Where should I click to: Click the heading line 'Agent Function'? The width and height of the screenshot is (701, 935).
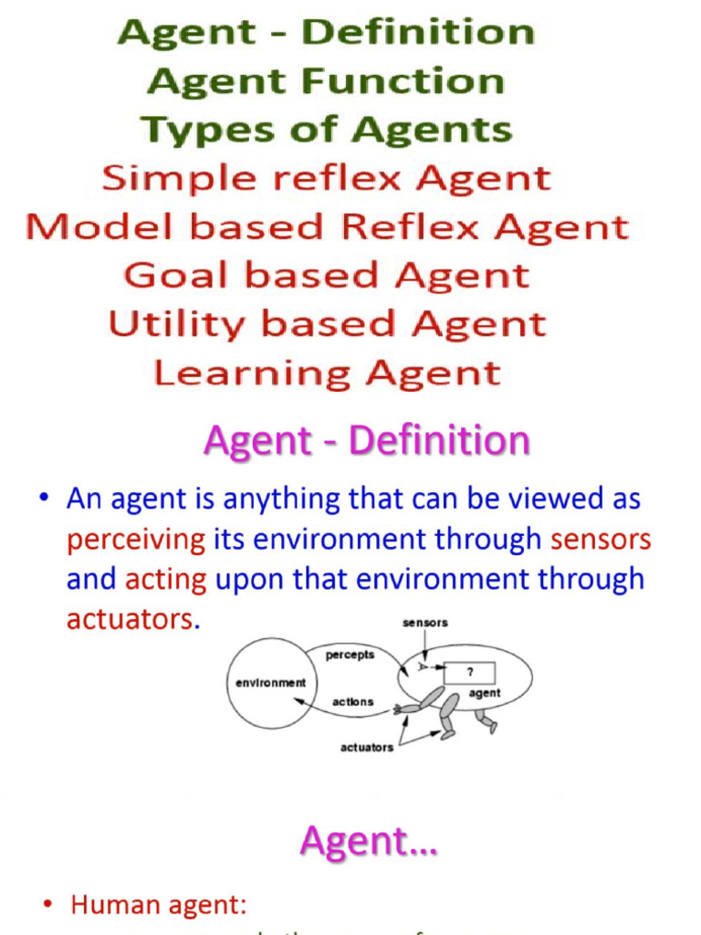(326, 81)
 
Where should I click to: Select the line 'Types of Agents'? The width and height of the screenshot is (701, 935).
(326, 130)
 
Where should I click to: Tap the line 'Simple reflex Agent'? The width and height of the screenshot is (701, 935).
(326, 178)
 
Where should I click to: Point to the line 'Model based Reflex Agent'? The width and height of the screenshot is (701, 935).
(327, 226)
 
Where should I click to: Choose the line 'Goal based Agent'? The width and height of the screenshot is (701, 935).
(326, 275)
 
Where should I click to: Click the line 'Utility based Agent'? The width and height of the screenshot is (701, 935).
(327, 323)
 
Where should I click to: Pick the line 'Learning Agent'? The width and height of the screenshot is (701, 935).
(327, 373)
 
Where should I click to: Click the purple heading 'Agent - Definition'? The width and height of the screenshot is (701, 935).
(366, 441)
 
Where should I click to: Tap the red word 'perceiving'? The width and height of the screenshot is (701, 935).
(136, 540)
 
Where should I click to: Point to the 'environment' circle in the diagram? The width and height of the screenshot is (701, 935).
(270, 683)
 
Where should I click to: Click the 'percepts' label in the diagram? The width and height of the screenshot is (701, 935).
(350, 655)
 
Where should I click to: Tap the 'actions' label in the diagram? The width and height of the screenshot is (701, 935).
(352, 701)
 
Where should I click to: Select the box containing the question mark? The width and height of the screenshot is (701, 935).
(469, 673)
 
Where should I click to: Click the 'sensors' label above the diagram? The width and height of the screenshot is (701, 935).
(425, 623)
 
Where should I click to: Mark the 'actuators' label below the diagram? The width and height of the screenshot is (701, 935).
(367, 747)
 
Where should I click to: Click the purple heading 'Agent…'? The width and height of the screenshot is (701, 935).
(369, 841)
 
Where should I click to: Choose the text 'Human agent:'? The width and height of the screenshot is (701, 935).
(159, 906)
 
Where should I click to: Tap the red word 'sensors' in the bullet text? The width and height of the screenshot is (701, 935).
(601, 540)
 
